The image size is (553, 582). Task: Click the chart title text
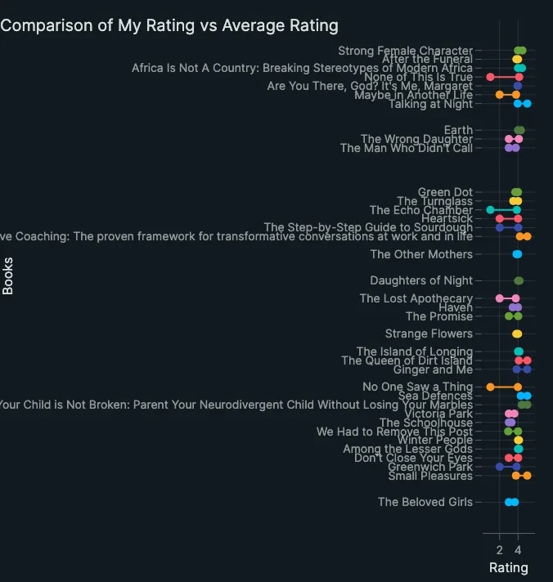169,25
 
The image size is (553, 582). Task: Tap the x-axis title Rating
508,567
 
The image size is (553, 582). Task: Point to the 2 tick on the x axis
500,549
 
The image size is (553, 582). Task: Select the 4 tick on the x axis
518,549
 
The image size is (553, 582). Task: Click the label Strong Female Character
405,51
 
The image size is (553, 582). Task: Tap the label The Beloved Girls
425,502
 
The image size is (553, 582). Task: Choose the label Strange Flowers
429,334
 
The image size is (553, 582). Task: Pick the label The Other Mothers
421,254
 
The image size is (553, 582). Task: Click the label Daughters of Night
421,280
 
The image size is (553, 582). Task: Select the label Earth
458,130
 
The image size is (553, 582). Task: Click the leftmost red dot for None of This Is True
491,77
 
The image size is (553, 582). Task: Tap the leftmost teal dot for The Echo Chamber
491,210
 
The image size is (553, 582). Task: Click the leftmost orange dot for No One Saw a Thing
491,387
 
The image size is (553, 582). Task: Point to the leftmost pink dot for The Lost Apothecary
500,298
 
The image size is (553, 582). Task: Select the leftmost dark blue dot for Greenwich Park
500,467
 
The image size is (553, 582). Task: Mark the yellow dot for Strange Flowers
517,334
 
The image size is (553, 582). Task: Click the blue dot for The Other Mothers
517,254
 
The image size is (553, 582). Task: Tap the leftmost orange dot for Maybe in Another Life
500,95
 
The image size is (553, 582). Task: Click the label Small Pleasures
430,476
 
